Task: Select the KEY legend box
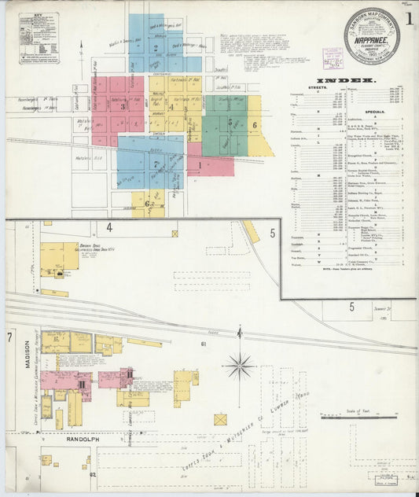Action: click(39, 36)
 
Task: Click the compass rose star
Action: click(240, 365)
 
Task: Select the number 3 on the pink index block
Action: click(123, 106)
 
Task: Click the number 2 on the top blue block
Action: click(156, 48)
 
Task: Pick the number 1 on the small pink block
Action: click(200, 165)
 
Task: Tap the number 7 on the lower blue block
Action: click(156, 164)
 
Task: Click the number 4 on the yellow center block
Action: click(171, 106)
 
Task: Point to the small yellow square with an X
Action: click(220, 419)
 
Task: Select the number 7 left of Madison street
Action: click(9, 337)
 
